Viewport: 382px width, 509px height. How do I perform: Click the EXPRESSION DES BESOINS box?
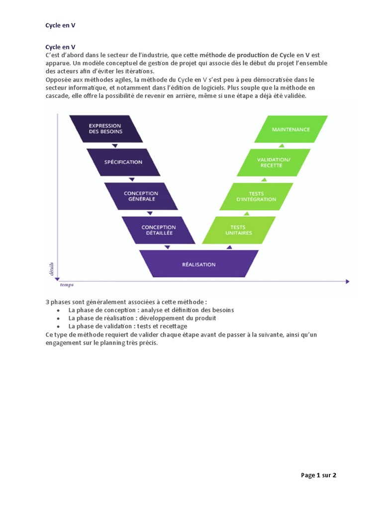[105, 129]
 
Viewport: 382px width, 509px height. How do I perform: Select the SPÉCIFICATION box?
[123, 162]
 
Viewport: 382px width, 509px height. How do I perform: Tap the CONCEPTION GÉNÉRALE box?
[140, 196]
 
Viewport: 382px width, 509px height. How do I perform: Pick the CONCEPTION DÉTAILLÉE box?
[158, 230]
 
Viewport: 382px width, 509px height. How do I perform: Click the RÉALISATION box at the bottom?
[198, 264]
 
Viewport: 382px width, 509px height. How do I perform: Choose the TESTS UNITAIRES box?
[239, 230]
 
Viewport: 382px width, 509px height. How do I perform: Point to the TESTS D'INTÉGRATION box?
[256, 196]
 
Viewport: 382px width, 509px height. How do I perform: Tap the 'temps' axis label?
[67, 285]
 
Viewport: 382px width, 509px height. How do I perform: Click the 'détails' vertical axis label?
[51, 269]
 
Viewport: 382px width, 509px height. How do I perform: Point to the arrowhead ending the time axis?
[347, 281]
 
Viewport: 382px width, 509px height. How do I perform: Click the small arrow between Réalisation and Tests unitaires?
[229, 247]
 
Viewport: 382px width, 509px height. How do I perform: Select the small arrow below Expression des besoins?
[115, 146]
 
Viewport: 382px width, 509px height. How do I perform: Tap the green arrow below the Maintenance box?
[282, 146]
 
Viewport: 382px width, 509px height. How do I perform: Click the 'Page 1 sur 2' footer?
[319, 475]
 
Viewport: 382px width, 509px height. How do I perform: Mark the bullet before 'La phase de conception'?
[58, 310]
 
